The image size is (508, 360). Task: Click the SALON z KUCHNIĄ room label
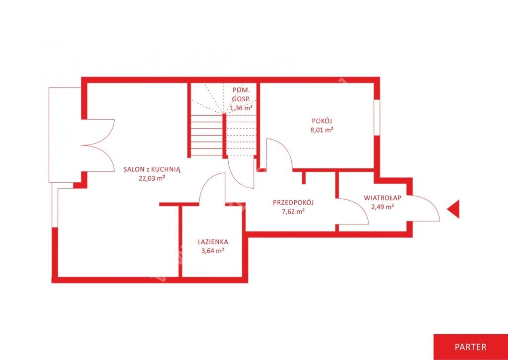[x=152, y=169]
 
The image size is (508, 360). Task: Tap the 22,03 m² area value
[x=152, y=178]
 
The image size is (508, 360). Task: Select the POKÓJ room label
[x=322, y=121]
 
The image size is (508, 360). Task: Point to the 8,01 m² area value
[x=322, y=130]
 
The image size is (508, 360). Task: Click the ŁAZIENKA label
[x=212, y=242]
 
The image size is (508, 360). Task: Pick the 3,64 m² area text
[x=212, y=250]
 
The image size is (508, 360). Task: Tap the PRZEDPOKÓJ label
[x=294, y=203]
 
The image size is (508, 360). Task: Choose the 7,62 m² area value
[x=294, y=212]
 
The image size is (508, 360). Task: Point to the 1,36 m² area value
[x=242, y=108]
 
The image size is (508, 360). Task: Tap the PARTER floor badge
[x=471, y=347]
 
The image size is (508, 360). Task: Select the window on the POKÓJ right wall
[x=377, y=117]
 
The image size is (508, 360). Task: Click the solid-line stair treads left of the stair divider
[x=207, y=136]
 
